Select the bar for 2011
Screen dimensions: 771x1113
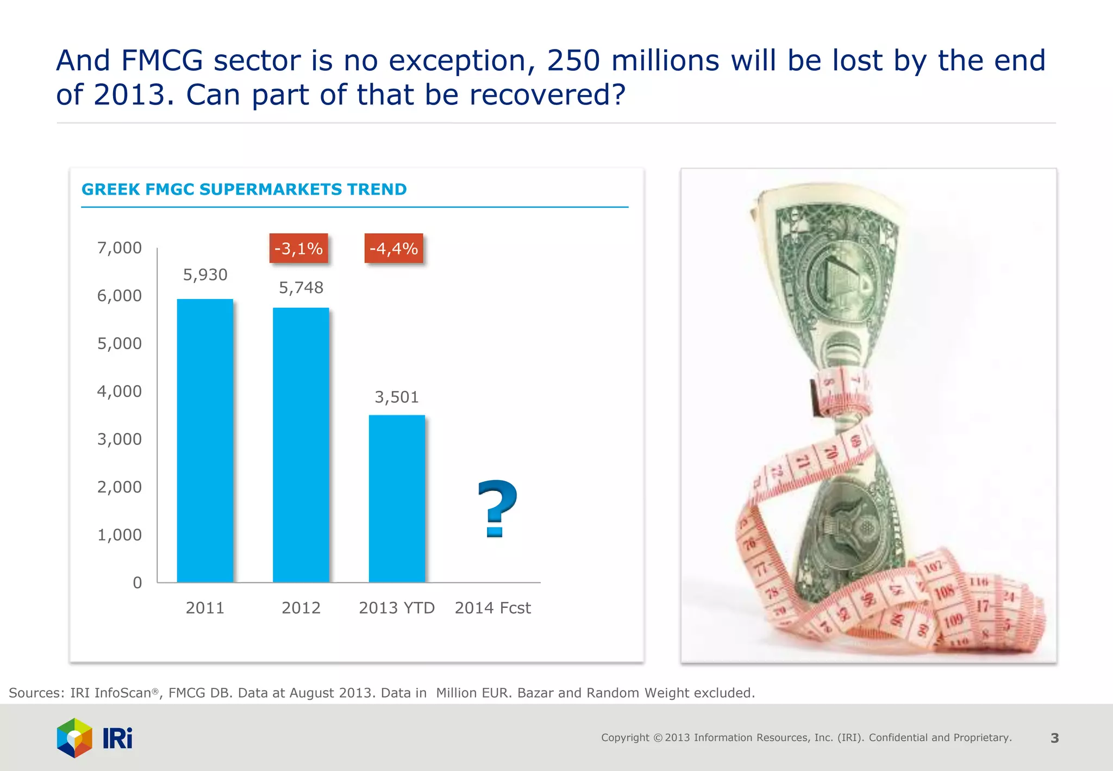tap(205, 440)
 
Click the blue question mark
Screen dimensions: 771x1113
tap(497, 508)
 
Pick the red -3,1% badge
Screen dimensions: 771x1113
tap(298, 248)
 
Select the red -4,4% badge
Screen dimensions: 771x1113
tap(393, 248)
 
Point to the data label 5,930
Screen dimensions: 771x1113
tap(205, 275)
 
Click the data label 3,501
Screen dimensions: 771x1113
tap(397, 397)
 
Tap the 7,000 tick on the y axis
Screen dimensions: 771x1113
tap(119, 248)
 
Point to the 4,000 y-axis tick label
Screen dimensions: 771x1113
tap(119, 391)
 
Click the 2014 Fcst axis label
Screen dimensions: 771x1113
tap(492, 607)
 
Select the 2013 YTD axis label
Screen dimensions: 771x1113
tap(397, 607)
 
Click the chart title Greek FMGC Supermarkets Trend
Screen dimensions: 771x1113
tap(244, 189)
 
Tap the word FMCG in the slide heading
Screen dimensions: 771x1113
tap(161, 60)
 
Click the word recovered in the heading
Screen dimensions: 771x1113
tap(546, 95)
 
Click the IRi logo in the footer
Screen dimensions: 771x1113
tap(95, 738)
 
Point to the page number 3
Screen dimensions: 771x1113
tap(1054, 738)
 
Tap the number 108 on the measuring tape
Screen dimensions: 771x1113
tap(945, 592)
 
